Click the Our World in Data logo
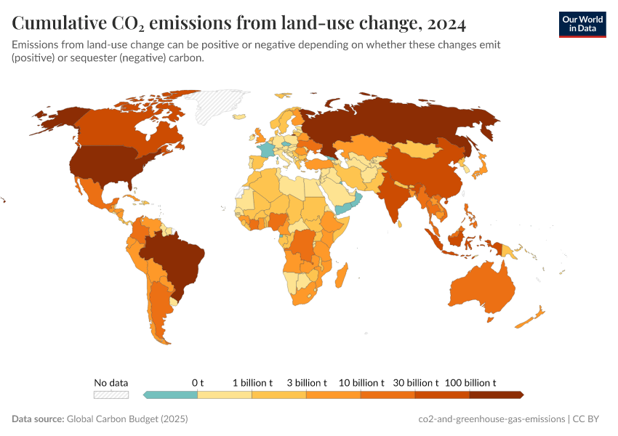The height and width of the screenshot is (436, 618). tap(582, 24)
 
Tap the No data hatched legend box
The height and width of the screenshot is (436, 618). tap(111, 395)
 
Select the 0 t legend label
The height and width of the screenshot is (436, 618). tap(198, 382)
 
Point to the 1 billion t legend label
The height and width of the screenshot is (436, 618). tap(252, 382)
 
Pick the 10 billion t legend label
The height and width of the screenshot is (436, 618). tap(361, 382)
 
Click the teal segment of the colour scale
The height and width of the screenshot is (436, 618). tap(172, 395)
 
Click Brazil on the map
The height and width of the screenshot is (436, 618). tap(174, 258)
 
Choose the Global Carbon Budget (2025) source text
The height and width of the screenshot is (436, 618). tap(127, 419)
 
